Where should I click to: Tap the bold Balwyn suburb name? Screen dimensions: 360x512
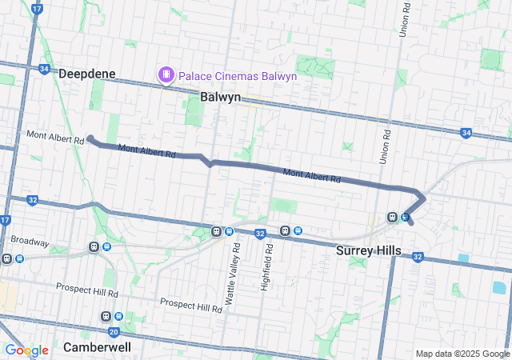[220, 97]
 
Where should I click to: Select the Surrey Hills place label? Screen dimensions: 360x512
[368, 250]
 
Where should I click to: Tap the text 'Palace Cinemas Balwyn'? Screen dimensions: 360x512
[238, 76]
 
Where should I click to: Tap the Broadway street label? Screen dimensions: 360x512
[30, 242]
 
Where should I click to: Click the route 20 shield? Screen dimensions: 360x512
[114, 331]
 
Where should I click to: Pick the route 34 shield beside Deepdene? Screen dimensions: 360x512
[44, 70]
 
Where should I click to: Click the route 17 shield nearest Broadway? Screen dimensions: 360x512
[6, 220]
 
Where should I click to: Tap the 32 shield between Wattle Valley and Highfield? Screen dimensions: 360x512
[260, 234]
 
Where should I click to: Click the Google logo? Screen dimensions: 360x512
[26, 350]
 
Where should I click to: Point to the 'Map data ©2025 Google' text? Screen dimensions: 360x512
[462, 354]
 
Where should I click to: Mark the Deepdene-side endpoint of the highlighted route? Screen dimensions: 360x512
[90, 138]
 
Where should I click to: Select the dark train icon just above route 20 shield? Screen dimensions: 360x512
[106, 316]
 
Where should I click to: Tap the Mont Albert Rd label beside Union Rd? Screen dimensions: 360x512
[312, 174]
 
